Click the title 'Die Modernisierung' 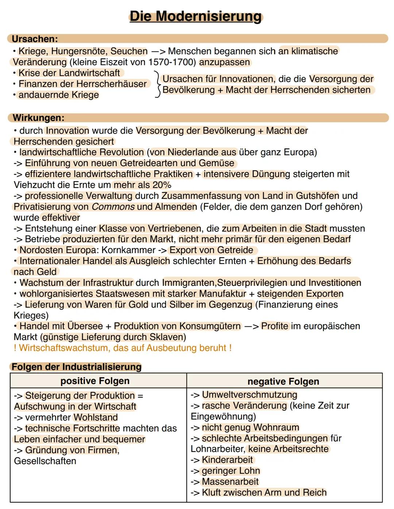[196, 16]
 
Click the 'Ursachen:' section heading [35, 39]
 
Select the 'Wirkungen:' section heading [38, 118]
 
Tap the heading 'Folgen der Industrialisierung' [76, 367]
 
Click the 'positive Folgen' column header [95, 381]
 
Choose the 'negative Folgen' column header [283, 382]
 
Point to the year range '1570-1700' [172, 62]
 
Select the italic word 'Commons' [113, 207]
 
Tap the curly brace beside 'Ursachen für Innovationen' [157, 84]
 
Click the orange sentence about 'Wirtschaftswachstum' [123, 348]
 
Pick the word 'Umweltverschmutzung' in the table [250, 395]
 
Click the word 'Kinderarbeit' [227, 460]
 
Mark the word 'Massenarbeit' [230, 482]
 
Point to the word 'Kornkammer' [128, 250]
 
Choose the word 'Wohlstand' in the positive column [96, 417]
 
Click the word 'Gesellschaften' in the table [45, 461]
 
